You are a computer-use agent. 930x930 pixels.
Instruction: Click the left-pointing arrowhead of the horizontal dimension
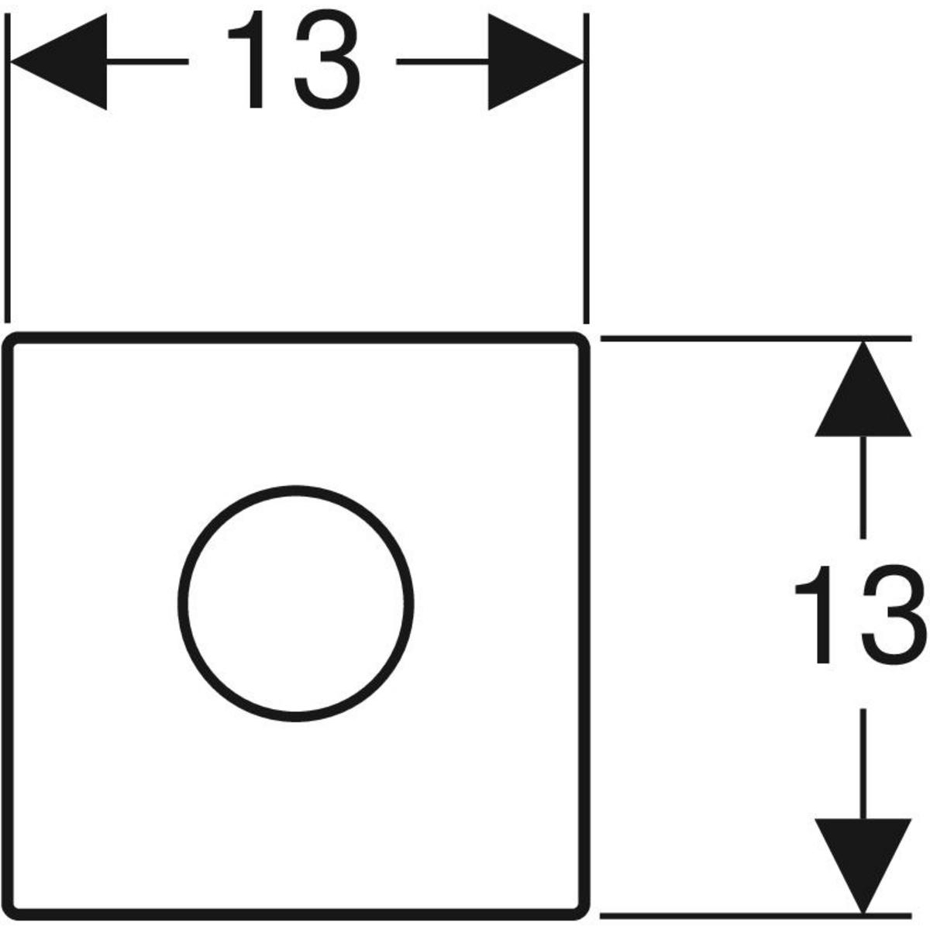click(58, 62)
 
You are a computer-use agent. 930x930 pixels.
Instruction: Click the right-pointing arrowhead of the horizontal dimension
click(536, 62)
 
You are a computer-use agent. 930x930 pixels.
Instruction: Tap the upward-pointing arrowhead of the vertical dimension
click(863, 389)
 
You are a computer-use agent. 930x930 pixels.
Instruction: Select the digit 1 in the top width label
click(247, 59)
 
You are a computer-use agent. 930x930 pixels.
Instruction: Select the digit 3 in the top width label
click(328, 60)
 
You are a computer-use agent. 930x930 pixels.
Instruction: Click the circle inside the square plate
click(296, 603)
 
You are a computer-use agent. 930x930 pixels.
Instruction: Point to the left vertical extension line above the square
click(7, 167)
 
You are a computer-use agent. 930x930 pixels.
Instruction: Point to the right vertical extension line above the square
click(587, 168)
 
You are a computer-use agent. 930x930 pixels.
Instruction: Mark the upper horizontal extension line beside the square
click(756, 339)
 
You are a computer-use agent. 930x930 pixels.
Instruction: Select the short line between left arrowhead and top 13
click(147, 61)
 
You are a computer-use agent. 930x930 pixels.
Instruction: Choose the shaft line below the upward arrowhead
click(863, 487)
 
